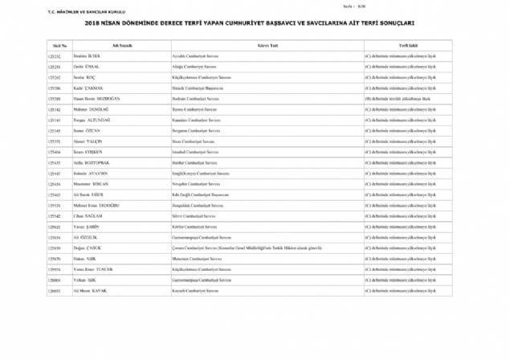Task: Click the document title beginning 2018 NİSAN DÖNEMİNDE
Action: pos(255,24)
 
